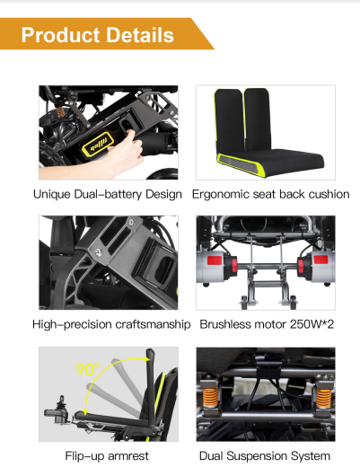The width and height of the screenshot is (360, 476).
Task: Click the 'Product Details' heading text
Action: coord(98,35)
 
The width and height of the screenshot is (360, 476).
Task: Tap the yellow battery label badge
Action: coord(98,144)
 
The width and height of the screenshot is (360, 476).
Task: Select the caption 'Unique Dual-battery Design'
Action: coord(108,194)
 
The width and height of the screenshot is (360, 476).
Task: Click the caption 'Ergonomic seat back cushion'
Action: coord(271,194)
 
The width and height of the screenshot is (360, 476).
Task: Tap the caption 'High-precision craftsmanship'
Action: coord(111,324)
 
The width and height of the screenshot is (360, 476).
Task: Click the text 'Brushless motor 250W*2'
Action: coord(267,324)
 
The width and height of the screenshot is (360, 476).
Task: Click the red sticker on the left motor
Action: coord(215,260)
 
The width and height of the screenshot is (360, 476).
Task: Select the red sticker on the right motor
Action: coord(320,260)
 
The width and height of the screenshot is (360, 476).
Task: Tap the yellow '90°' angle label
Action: coord(88,369)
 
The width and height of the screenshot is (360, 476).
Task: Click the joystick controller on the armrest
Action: coord(59,410)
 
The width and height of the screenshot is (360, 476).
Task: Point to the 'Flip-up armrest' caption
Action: coord(107,456)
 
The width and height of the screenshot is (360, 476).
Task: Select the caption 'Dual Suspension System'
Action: coord(265,456)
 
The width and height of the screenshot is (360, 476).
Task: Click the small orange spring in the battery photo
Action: coord(61,112)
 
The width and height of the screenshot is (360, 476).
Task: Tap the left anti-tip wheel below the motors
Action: coord(245,303)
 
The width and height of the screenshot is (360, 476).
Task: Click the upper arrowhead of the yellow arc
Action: coord(148,359)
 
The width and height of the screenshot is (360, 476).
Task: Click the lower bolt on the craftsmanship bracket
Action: coord(98,252)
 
